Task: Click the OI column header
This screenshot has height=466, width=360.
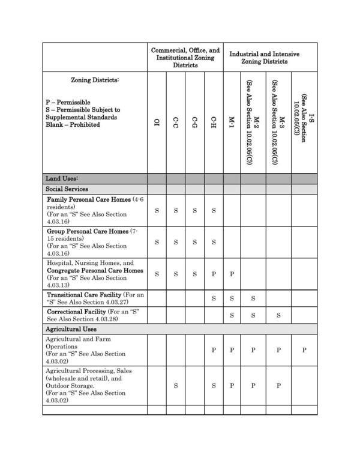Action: tap(157, 123)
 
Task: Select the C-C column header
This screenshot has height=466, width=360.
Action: tap(175, 123)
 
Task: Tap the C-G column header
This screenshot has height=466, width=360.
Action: tap(194, 123)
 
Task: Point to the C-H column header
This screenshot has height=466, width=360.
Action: tap(214, 123)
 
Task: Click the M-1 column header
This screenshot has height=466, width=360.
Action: tap(232, 123)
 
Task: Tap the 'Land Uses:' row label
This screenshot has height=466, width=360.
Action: tap(62, 178)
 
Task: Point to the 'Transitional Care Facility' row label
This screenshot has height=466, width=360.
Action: tap(83, 295)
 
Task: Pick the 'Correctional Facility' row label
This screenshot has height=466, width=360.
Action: tap(80, 312)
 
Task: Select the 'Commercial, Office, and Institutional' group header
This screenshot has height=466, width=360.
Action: tap(185, 58)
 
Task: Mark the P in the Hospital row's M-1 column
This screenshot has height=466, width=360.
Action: tap(232, 274)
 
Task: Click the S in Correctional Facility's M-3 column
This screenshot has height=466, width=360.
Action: tap(278, 315)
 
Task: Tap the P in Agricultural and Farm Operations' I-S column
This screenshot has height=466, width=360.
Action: tap(304, 350)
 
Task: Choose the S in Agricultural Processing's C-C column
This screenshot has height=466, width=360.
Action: tap(175, 386)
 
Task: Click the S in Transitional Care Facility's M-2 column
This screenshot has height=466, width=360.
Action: tap(253, 298)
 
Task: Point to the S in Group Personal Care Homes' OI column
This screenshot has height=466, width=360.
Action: tap(157, 242)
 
